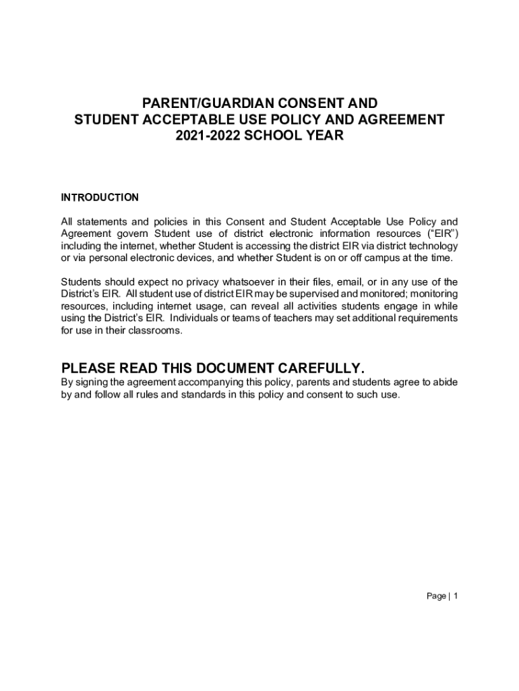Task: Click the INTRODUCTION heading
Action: pyautogui.click(x=100, y=197)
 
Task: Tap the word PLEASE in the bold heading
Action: pyautogui.click(x=88, y=368)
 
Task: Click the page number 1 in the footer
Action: pyautogui.click(x=456, y=597)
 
